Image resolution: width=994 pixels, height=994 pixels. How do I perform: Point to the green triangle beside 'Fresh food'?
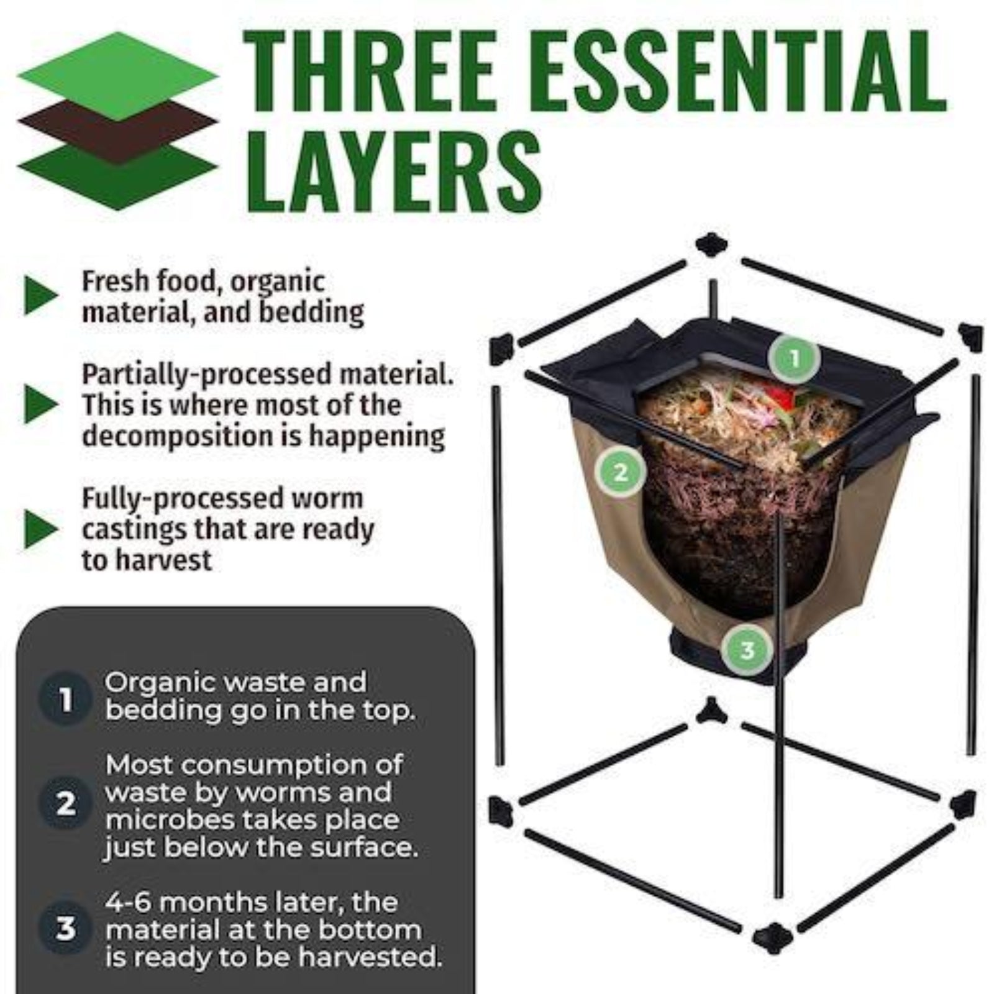pos(40,296)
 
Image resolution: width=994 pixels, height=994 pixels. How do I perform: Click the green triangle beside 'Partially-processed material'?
pos(40,404)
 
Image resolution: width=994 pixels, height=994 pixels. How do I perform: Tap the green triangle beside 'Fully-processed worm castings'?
pos(40,529)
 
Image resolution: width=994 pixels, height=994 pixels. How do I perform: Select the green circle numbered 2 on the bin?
pos(620,473)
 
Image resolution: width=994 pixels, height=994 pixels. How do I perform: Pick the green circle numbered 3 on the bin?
pos(747,650)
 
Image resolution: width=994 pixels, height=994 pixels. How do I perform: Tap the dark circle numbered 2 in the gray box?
pos(65,805)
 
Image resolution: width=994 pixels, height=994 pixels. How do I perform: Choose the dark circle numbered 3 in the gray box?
pos(65,929)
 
